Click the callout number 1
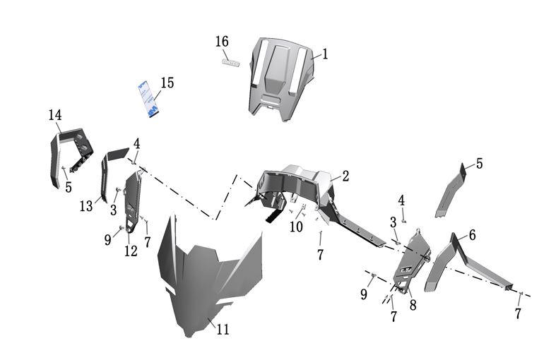point(325,54)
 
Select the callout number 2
point(345,176)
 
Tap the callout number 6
point(471,235)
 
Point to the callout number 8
point(413,305)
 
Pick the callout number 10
point(295,227)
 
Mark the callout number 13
point(86,206)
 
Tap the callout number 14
point(55,115)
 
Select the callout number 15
point(167,84)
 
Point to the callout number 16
point(222,42)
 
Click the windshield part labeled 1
point(280,78)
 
